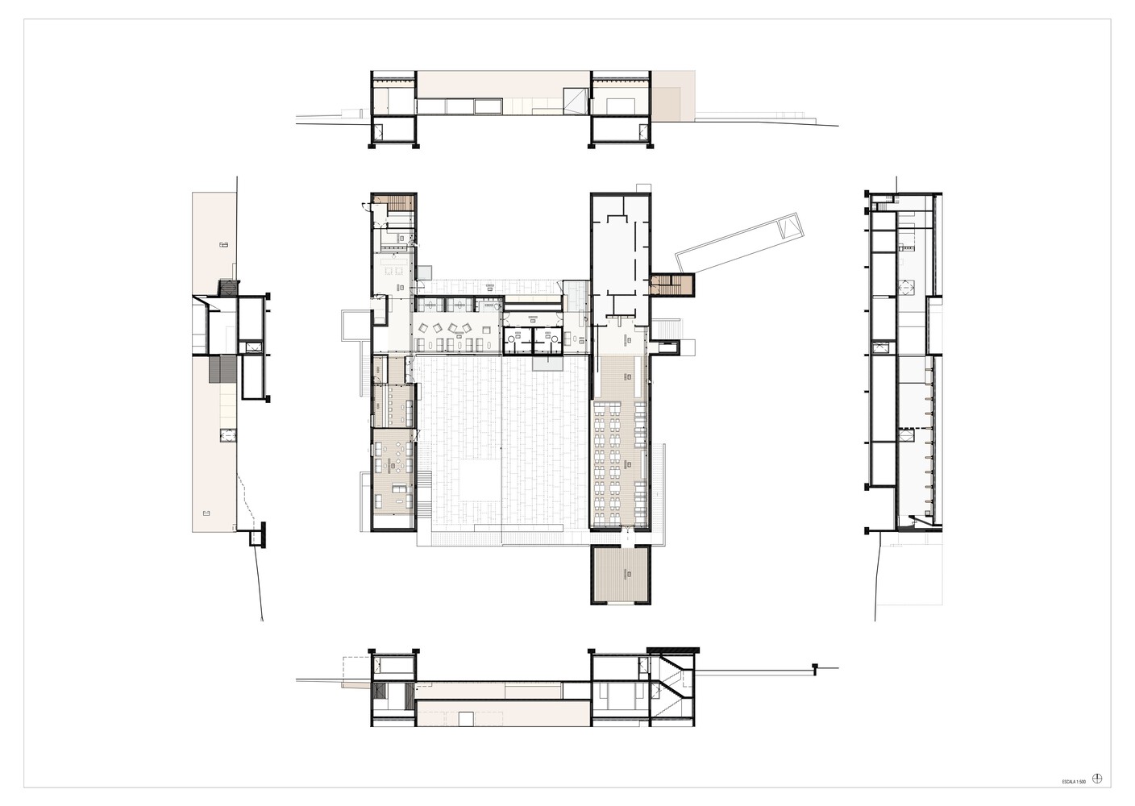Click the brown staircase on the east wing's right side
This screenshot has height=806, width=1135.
click(x=671, y=285)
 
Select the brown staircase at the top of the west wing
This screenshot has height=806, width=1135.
click(x=401, y=202)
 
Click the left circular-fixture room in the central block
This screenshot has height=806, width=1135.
click(x=518, y=340)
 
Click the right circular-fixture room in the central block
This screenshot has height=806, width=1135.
click(x=548, y=340)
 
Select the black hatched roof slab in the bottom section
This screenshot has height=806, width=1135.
click(x=673, y=650)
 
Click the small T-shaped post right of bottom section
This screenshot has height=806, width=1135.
click(x=815, y=667)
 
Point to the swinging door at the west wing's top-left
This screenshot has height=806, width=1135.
click(x=366, y=206)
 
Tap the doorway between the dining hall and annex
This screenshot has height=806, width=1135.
click(x=625, y=538)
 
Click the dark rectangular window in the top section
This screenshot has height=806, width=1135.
click(x=134, y=106)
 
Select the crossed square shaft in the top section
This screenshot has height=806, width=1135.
click(x=576, y=100)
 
